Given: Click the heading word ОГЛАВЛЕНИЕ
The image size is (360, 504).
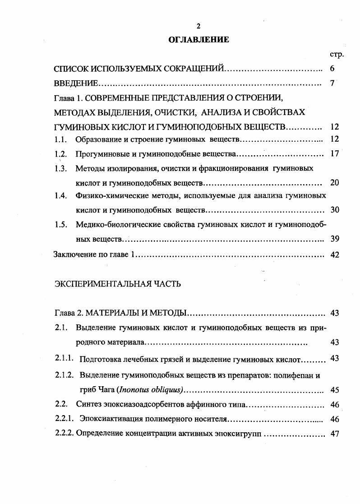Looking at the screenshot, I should coord(198,40).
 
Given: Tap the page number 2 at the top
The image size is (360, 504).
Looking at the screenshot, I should coord(198,26).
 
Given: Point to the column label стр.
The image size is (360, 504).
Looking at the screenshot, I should coord(337,54).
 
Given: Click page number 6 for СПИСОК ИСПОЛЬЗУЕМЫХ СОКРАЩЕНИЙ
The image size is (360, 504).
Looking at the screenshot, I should coord(332,69).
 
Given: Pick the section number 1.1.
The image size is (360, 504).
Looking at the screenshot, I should coord(60,139).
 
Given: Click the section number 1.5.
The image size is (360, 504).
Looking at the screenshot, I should coord(60,224).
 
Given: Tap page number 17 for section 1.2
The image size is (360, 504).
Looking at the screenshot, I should coord(334,154).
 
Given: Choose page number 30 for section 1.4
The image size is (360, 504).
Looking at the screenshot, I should coord(334,210).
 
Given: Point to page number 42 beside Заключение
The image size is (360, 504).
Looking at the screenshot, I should coord(334,254).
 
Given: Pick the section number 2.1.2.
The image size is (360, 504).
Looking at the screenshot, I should coord(64,375).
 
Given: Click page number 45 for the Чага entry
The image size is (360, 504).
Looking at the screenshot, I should coord(334,390).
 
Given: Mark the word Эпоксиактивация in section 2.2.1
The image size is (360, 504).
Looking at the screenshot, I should coord(107,419).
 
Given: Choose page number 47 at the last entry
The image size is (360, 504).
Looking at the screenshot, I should coord(334,434).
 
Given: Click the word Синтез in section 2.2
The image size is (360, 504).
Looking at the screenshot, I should coord(88,404).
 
